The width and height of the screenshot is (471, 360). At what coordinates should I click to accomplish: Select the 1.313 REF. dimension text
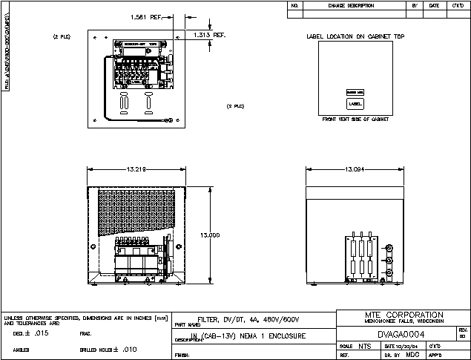tap(208, 34)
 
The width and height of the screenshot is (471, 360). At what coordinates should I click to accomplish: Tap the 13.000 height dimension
tap(210, 235)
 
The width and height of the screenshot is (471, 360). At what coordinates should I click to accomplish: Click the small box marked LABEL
tap(355, 104)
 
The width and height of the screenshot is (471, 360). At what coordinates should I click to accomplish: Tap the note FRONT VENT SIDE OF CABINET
tap(355, 119)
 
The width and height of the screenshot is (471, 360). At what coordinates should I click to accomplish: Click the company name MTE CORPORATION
tap(404, 315)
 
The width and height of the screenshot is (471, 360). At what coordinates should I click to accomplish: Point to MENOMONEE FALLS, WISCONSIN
tap(404, 321)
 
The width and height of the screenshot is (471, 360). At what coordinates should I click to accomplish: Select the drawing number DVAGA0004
tap(401, 334)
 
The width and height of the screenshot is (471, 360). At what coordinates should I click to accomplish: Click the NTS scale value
tap(365, 347)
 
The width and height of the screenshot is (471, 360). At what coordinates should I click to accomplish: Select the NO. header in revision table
tap(294, 5)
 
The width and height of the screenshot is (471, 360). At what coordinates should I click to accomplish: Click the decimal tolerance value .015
tap(42, 334)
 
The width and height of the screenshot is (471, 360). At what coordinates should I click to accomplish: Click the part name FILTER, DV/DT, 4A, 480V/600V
tap(248, 319)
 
